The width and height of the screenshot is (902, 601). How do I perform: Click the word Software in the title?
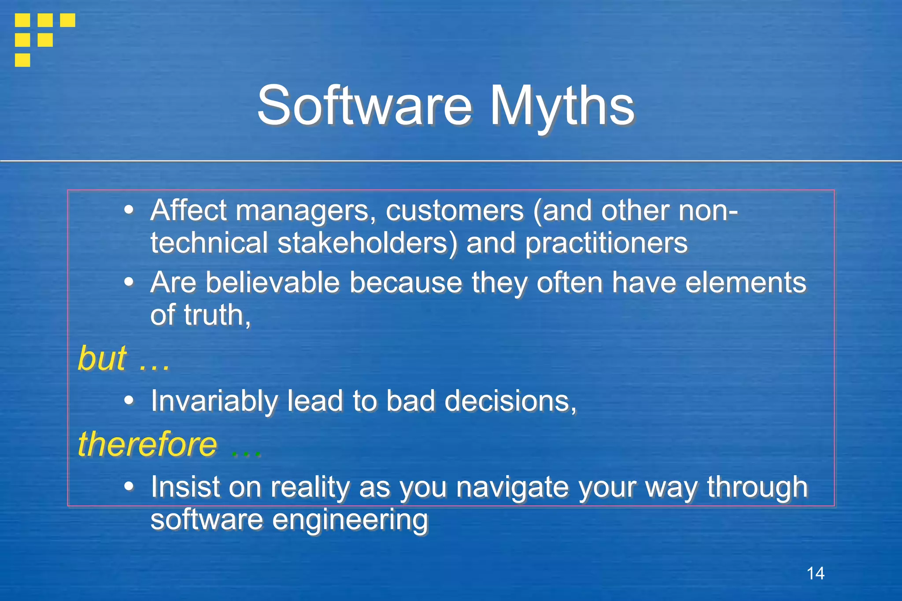tap(365, 106)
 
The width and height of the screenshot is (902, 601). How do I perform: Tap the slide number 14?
tap(815, 573)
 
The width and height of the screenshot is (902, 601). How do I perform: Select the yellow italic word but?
tap(102, 358)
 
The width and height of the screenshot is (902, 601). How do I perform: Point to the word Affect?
tap(189, 210)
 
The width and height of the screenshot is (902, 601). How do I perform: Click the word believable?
tap(273, 282)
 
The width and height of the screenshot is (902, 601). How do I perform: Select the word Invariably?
tap(214, 401)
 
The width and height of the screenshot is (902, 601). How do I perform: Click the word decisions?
tap(510, 401)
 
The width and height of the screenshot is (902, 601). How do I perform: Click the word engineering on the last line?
tap(350, 520)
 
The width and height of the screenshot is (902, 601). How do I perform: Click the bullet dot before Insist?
tap(129, 486)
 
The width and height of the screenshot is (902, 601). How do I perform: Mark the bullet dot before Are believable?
tap(129, 281)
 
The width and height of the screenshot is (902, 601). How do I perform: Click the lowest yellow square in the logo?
tap(22, 60)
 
